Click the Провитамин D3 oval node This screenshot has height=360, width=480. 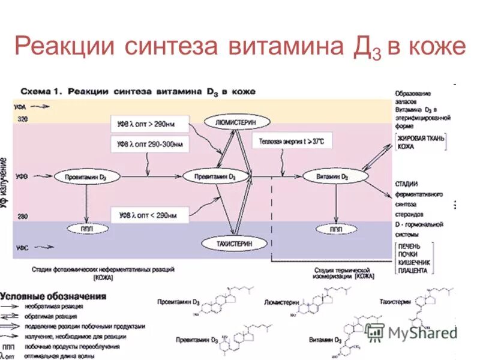(88, 177)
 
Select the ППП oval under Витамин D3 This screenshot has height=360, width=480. (336, 229)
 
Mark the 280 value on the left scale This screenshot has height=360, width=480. (22, 216)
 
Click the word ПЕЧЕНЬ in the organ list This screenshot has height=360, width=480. (409, 247)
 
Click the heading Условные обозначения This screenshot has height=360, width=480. (54, 296)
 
